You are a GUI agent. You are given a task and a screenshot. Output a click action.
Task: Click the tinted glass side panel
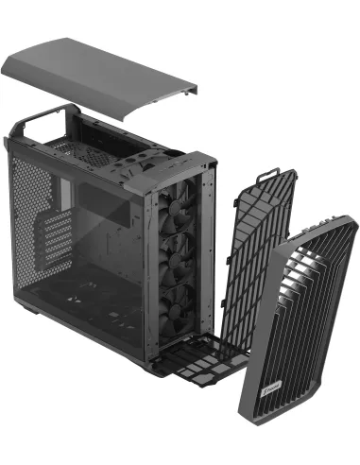coord(104,255)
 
